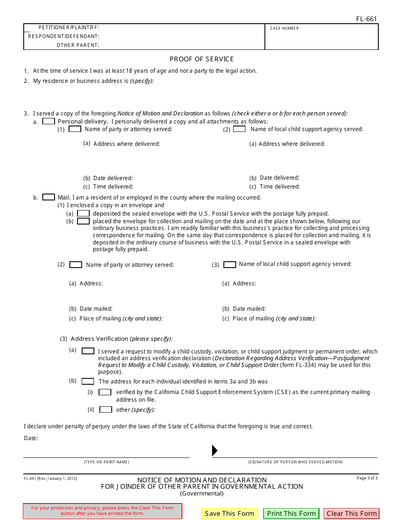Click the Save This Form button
229,514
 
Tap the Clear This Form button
352,514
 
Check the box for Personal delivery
49,121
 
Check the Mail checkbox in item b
49,197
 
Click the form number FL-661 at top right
366,19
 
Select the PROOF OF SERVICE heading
201,59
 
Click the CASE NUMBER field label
285,28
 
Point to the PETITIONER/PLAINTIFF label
69,28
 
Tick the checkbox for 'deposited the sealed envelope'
83,213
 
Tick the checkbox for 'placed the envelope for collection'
83,221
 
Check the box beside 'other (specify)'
106,410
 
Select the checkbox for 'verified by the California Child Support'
105,392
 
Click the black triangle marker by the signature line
215,451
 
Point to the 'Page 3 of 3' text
367,478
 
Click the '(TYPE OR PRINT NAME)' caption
106,462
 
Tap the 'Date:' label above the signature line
31,438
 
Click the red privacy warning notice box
102,511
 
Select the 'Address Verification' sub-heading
99,339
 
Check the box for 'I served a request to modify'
88,351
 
